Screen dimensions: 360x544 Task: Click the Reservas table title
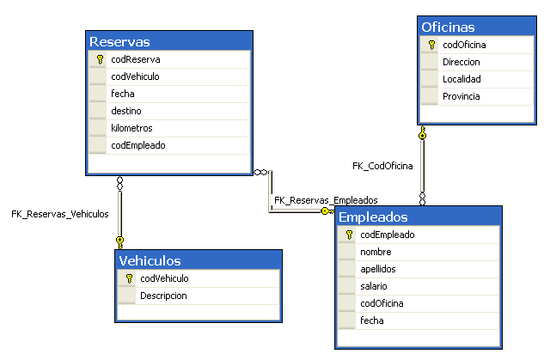coord(120,41)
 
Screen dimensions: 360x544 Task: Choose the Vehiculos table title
coord(150,261)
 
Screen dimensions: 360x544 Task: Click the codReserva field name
coord(135,60)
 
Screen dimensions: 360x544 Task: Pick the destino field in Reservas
coord(126,111)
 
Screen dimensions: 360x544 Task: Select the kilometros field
coord(131,128)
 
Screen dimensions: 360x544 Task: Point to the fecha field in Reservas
coord(123,94)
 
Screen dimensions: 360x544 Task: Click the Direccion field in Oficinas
coord(461,62)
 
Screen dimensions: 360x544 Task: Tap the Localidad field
coord(461,79)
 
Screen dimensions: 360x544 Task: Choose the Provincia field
coord(461,96)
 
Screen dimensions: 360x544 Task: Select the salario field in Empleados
coord(374,285)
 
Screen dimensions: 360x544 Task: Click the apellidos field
coord(377,268)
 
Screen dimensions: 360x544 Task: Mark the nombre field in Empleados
coord(376,252)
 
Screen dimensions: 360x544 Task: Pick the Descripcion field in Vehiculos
coord(163,296)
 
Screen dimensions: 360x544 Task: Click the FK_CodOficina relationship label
coord(382,165)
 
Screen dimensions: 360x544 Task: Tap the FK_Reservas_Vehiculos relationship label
coord(60,214)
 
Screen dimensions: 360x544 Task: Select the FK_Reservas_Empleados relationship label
coord(326,199)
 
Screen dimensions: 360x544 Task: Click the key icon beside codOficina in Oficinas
coord(431,45)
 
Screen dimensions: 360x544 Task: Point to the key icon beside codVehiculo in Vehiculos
coord(128,278)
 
